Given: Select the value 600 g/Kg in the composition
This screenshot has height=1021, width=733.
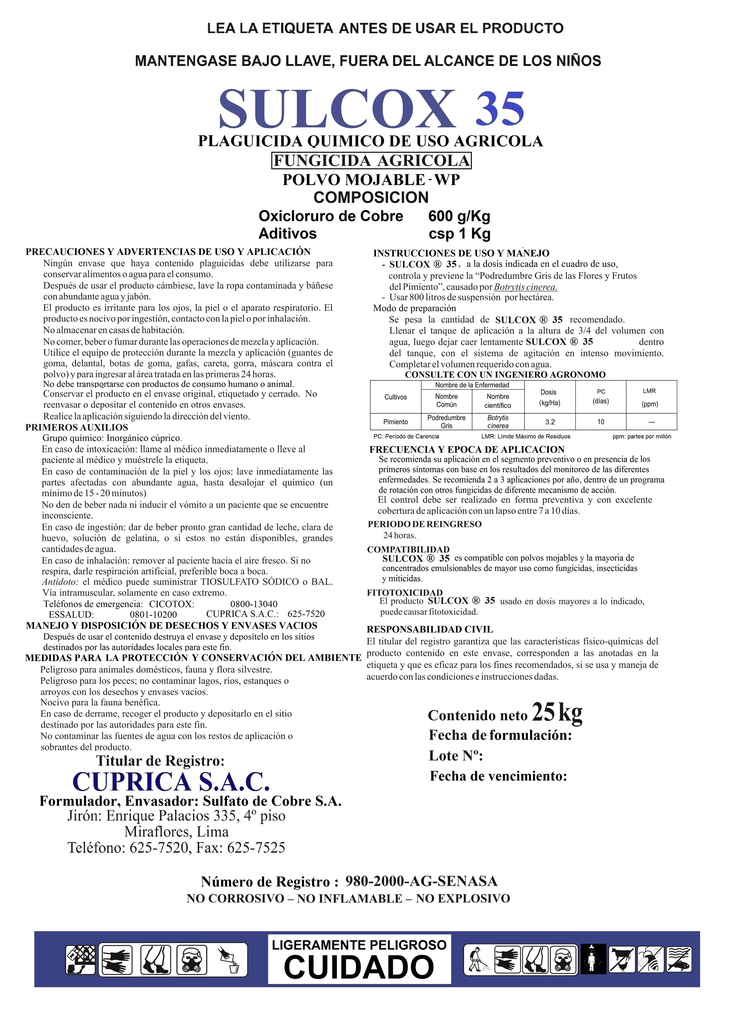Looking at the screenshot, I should [459, 216].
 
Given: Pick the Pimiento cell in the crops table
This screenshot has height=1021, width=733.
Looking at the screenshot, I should [395, 422].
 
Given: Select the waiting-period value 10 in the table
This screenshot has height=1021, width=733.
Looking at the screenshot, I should [601, 422].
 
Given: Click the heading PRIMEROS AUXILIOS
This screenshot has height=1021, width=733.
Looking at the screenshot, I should [76, 427].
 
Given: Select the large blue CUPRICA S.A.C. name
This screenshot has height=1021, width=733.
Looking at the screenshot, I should [171, 782].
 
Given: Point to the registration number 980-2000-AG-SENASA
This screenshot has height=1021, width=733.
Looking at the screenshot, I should [421, 881].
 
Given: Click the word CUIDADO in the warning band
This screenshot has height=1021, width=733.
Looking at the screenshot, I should [359, 967].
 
